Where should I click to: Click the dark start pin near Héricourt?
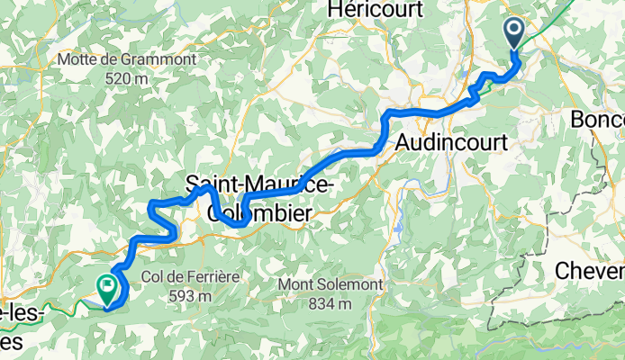pos(514,33)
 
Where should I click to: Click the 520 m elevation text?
pos(127,79)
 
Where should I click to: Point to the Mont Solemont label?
pos(331,284)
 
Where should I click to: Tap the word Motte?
pos(77,60)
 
